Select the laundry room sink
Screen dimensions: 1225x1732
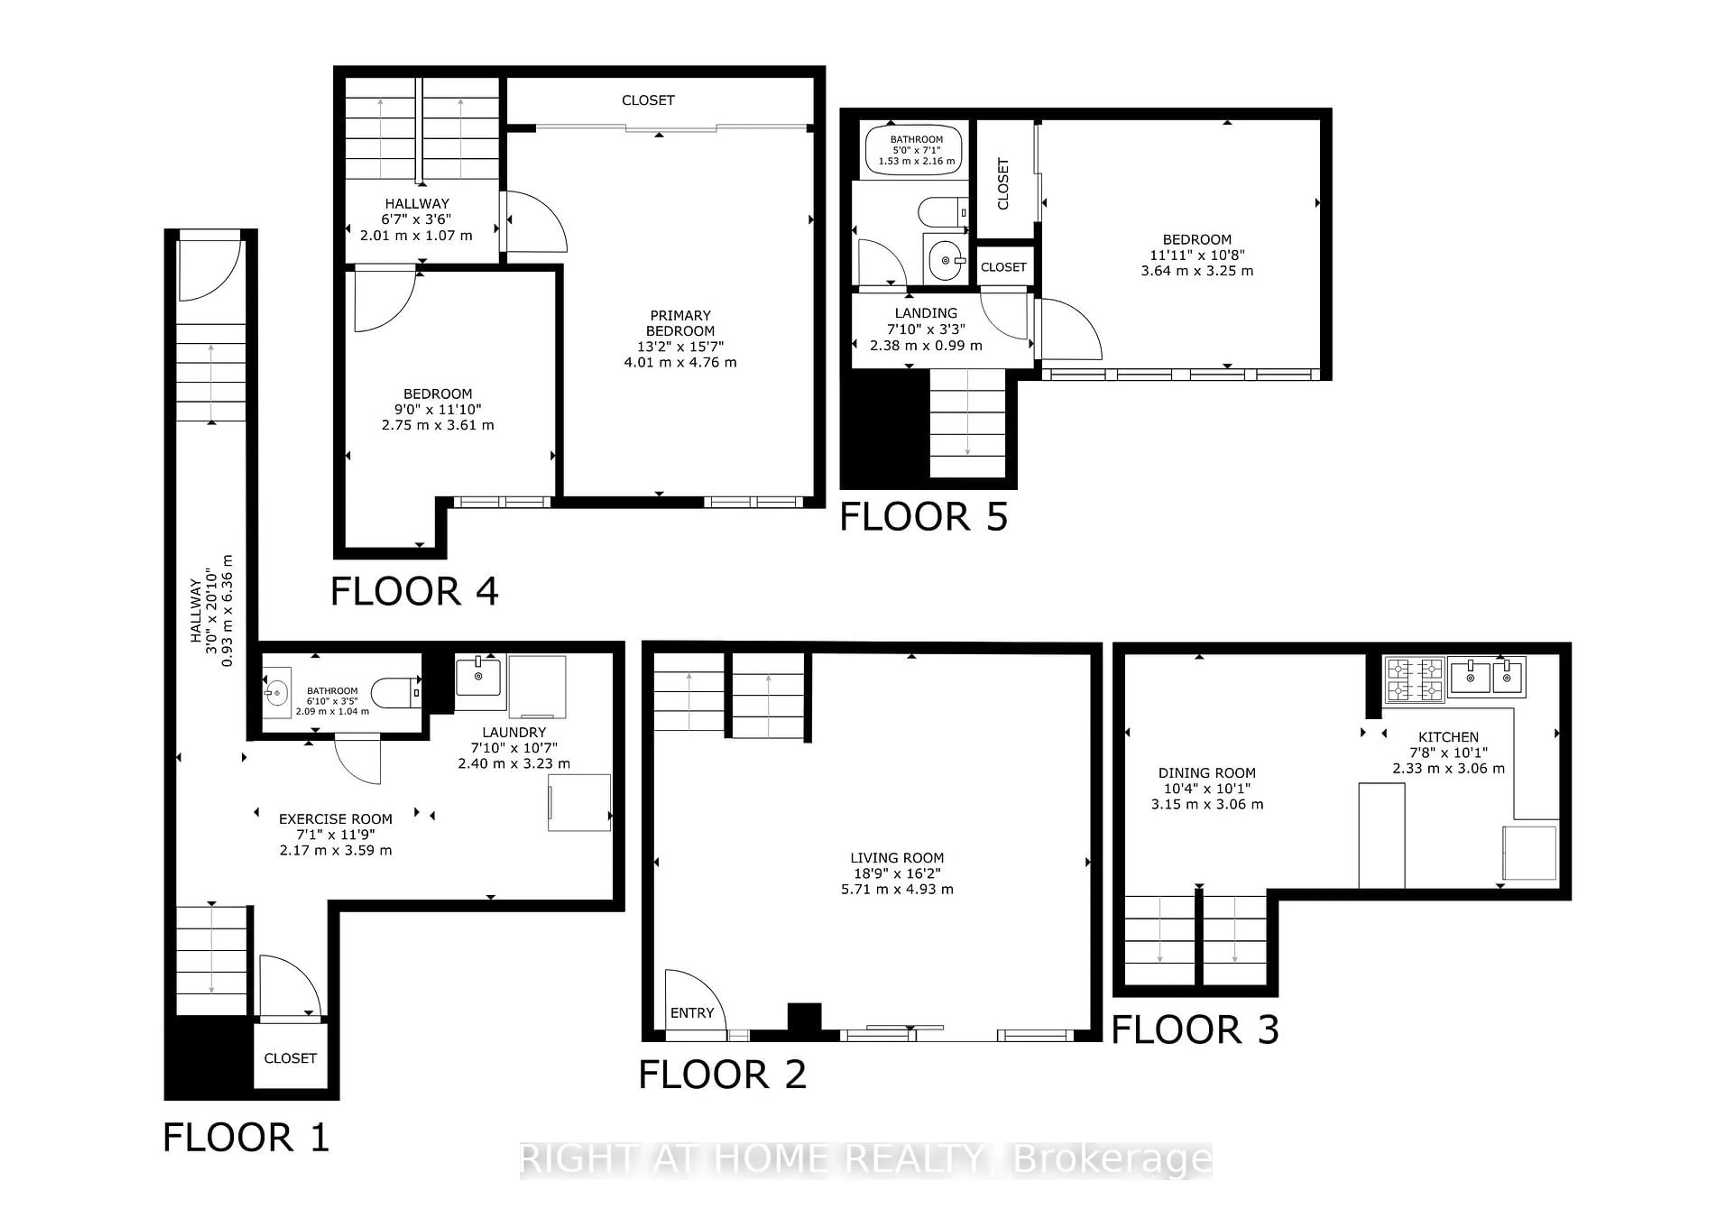(x=478, y=677)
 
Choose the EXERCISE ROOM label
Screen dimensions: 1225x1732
(x=335, y=819)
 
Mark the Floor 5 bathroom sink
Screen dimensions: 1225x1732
(x=944, y=261)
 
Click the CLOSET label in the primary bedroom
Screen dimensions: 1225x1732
(x=647, y=100)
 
